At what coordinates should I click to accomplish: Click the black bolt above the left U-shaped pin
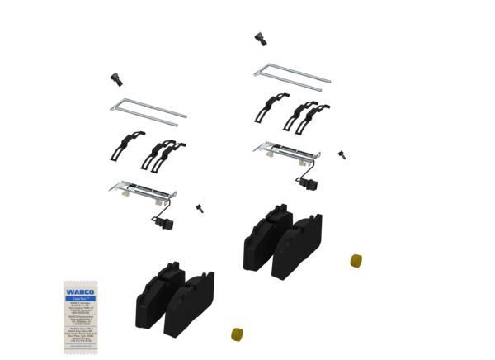tap(115, 78)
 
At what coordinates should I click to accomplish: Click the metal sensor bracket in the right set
tap(284, 150)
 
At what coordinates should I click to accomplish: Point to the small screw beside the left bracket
tap(199, 207)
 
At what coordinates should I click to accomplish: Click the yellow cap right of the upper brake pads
tap(356, 260)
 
